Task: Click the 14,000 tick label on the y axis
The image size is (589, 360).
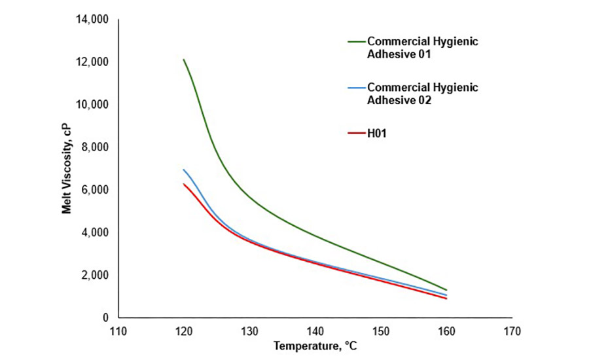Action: pyautogui.click(x=94, y=20)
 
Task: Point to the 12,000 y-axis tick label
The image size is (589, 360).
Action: pyautogui.click(x=94, y=62)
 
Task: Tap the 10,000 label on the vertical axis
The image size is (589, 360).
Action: pyautogui.click(x=94, y=105)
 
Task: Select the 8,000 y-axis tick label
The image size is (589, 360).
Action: pyautogui.click(x=96, y=147)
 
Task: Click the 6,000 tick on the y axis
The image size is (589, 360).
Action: pyautogui.click(x=96, y=190)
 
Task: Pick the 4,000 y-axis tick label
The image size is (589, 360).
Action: pyautogui.click(x=96, y=232)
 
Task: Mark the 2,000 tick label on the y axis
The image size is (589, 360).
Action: pyautogui.click(x=96, y=275)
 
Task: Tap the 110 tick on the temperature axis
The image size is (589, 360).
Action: pyautogui.click(x=118, y=331)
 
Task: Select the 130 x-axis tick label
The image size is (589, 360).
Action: pyautogui.click(x=249, y=331)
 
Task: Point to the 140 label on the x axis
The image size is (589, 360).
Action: pyautogui.click(x=315, y=331)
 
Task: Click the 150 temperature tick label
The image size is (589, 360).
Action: pyautogui.click(x=381, y=331)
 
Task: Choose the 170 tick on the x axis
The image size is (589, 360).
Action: pyautogui.click(x=512, y=331)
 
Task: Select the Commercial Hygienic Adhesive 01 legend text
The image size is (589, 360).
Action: pyautogui.click(x=422, y=48)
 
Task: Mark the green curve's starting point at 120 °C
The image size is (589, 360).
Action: pyautogui.click(x=183, y=60)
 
